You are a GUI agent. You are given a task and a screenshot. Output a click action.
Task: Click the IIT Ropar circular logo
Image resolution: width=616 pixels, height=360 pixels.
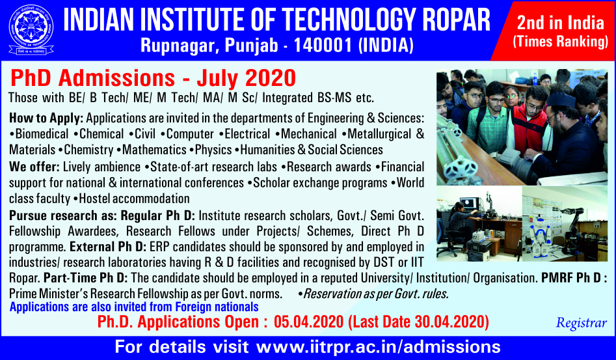(x=31, y=29)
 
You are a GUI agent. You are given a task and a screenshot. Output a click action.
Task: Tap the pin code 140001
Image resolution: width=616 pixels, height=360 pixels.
(x=323, y=45)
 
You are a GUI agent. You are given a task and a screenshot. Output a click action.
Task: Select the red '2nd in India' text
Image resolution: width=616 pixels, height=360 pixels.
(x=560, y=23)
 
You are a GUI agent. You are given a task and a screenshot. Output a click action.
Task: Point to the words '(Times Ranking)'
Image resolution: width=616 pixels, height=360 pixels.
(x=560, y=42)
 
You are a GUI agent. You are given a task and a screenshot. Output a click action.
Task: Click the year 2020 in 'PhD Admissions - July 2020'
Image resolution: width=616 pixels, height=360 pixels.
(x=271, y=78)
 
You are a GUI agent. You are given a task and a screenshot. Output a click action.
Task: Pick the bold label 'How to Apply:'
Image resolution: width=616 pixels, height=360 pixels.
(x=46, y=118)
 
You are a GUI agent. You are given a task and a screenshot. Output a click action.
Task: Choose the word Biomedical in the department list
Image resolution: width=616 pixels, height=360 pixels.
(x=42, y=134)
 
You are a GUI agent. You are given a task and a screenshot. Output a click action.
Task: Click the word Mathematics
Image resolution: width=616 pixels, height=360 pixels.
(x=154, y=150)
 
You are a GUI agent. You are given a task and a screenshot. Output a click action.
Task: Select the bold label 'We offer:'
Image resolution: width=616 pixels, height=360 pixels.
(x=34, y=167)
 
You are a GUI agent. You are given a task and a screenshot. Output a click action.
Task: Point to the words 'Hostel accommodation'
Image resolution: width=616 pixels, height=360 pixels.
(x=135, y=199)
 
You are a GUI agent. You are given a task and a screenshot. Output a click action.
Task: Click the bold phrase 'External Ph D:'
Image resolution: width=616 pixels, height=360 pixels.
(x=108, y=247)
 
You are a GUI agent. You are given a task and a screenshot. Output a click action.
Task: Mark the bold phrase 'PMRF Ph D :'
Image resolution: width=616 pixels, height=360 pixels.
(x=574, y=278)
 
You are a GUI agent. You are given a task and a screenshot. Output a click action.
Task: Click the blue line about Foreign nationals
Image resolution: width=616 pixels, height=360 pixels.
(x=134, y=307)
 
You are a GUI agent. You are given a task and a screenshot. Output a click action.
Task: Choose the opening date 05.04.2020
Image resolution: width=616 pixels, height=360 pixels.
(x=309, y=322)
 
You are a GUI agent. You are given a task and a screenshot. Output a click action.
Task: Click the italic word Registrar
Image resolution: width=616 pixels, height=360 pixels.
(x=581, y=323)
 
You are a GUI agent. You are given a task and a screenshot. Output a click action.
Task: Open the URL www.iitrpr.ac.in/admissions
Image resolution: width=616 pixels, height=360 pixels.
(x=379, y=347)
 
